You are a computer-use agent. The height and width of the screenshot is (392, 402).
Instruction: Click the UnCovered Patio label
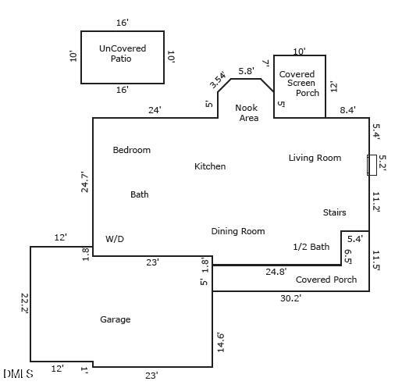coord(123,53)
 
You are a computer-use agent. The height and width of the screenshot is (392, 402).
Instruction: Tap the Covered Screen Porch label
coord(297,83)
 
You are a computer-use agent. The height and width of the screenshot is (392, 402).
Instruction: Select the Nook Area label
coord(247,113)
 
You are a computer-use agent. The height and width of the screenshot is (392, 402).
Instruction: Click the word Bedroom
coord(131,150)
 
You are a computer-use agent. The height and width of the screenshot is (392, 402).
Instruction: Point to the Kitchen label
coord(210,166)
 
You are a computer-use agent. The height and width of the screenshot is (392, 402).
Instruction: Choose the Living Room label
coord(315,158)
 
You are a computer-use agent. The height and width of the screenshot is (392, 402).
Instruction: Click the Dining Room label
coord(237,231)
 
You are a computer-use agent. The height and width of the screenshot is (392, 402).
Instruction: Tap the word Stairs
coord(334,212)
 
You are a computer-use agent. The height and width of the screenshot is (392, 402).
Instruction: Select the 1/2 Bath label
coord(311,247)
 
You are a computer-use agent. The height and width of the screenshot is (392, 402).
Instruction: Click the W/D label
coord(115,239)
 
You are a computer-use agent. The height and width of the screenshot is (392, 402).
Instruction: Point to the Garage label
coord(115,319)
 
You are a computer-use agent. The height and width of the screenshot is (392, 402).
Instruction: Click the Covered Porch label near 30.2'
coord(326,280)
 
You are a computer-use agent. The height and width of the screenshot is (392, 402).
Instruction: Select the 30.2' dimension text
coord(290,298)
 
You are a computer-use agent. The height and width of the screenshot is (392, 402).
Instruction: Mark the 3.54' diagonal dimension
coord(217,80)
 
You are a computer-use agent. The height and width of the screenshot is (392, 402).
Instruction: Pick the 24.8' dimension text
coord(276,272)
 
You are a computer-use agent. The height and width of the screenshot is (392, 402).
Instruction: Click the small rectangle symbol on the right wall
coord(372,165)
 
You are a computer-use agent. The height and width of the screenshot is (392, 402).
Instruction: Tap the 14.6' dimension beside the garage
coord(220,342)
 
